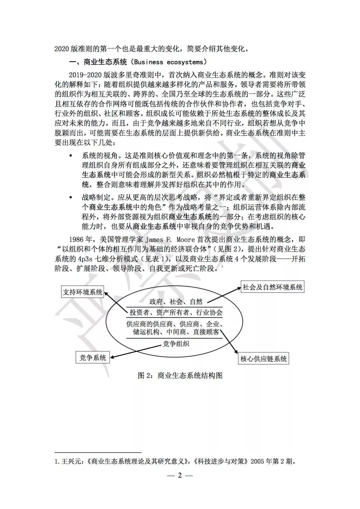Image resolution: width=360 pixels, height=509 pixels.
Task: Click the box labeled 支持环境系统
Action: [x=82, y=292]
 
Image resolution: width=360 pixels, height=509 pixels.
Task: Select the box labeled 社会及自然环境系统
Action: [x=272, y=287]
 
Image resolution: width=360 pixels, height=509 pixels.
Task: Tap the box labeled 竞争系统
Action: [x=93, y=358]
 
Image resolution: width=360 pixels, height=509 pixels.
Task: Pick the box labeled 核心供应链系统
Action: [x=263, y=359]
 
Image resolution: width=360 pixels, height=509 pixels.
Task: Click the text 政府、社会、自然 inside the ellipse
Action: [x=176, y=302]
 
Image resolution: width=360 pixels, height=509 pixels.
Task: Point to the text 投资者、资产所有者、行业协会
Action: [x=176, y=312]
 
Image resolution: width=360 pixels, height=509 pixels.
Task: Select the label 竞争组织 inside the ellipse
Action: [x=176, y=343]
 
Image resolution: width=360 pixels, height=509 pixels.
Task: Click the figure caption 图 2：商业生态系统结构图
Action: [x=180, y=375]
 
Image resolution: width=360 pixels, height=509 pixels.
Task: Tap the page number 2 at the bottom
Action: [x=180, y=475]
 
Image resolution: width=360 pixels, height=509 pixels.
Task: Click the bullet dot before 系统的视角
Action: [x=70, y=156]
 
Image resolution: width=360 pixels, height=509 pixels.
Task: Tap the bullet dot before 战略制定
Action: [x=70, y=198]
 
